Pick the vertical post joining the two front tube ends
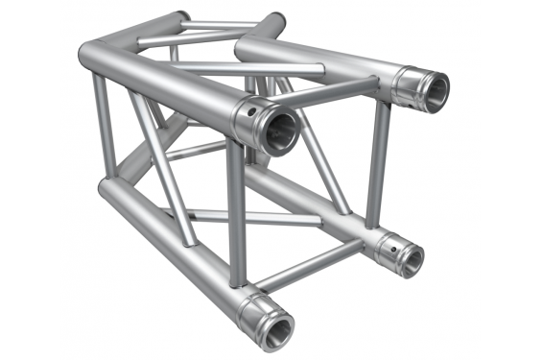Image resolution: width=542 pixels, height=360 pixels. pyautogui.click(x=235, y=216)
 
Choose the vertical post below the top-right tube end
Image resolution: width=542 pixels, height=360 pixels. pyautogui.click(x=377, y=163)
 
